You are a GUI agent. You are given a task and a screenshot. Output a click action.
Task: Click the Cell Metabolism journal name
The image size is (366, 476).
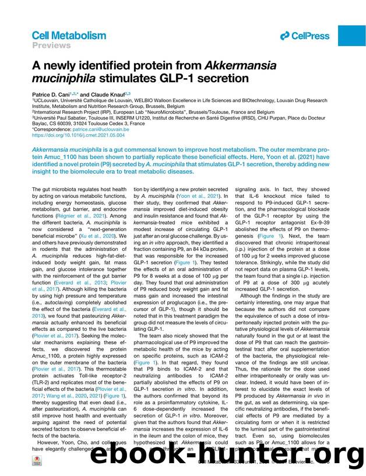point(69,36)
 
